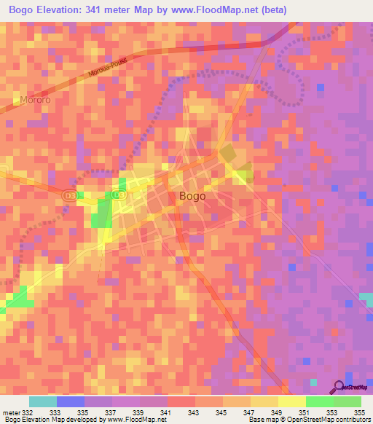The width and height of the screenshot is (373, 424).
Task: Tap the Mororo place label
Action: [36, 100]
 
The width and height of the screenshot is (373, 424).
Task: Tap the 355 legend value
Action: [359, 413]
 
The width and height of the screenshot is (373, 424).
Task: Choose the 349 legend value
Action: [276, 413]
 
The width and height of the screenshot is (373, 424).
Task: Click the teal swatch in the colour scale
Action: [42, 401]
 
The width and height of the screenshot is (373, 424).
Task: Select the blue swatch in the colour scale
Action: [70, 401]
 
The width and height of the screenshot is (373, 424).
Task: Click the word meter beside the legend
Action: [11, 413]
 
